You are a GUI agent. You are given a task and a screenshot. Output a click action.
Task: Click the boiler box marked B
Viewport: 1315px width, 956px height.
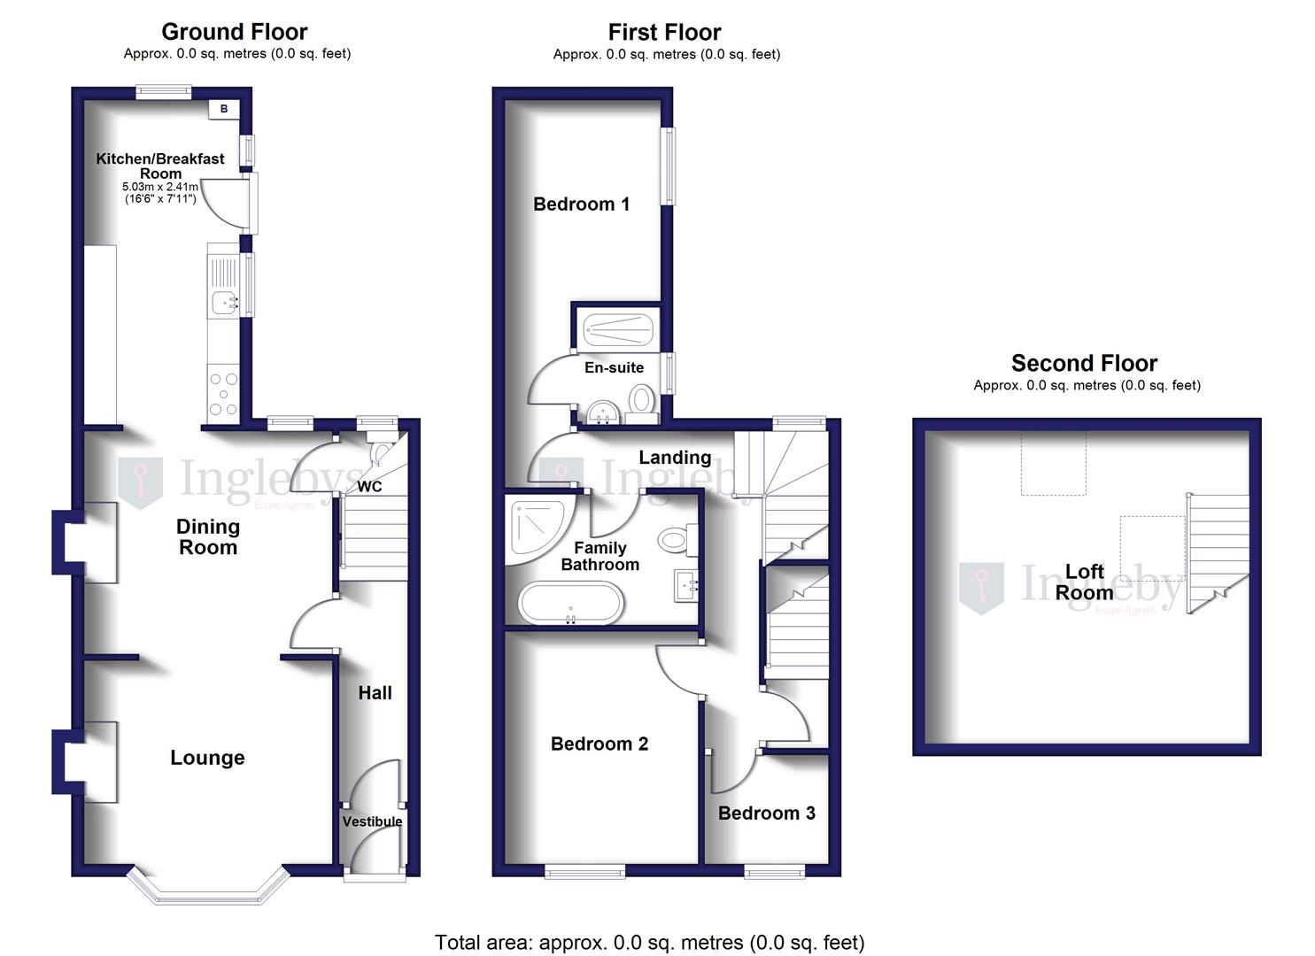(x=224, y=109)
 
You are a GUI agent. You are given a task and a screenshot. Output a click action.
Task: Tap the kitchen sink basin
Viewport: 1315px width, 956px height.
(x=223, y=303)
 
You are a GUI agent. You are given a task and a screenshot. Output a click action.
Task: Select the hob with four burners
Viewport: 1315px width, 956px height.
(x=223, y=394)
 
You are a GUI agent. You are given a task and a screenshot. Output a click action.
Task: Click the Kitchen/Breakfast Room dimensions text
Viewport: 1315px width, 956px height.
(x=160, y=193)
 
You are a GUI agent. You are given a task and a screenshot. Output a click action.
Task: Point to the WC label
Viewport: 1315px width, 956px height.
(x=369, y=487)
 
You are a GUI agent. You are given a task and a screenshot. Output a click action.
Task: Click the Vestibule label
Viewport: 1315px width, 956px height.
(x=372, y=821)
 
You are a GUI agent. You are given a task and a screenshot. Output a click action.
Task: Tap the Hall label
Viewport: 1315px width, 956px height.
(x=375, y=693)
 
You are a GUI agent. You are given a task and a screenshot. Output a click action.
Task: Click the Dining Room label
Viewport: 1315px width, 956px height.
(x=208, y=536)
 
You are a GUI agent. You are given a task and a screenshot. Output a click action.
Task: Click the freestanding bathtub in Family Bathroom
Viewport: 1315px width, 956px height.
(x=571, y=603)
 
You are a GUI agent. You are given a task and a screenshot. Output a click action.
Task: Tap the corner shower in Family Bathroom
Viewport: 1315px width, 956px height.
(x=535, y=526)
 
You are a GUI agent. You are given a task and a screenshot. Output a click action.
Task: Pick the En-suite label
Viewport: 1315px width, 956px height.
(x=614, y=367)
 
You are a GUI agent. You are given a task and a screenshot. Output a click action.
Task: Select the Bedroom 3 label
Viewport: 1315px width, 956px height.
(x=766, y=813)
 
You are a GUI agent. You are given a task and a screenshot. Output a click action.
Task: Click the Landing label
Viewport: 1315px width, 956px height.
(x=675, y=458)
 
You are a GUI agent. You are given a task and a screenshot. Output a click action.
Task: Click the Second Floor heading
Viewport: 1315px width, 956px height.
(x=1084, y=363)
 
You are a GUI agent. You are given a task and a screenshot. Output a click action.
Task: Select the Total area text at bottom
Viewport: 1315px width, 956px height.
(x=649, y=942)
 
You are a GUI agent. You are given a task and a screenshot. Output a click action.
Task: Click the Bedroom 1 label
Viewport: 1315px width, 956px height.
(x=581, y=204)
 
